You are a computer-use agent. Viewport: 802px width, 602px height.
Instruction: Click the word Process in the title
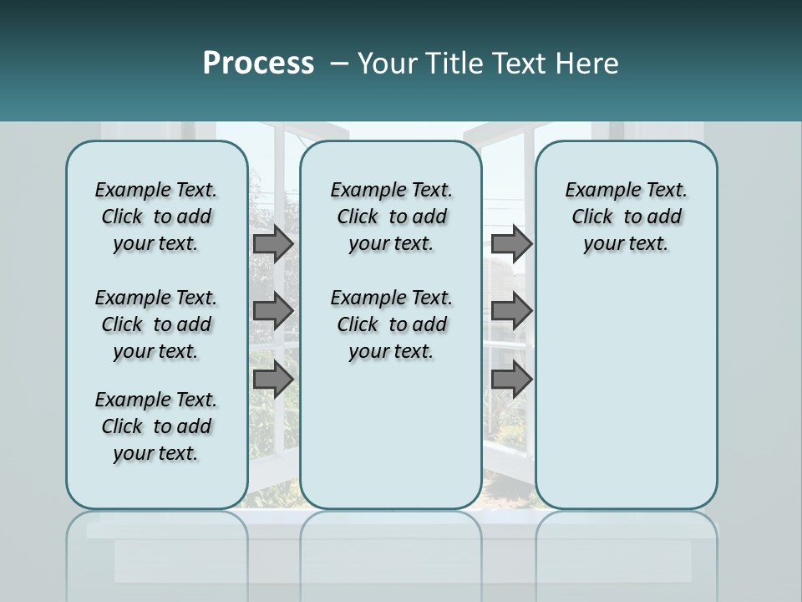tap(258, 64)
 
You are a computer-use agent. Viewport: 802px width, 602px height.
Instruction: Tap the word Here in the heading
tap(584, 64)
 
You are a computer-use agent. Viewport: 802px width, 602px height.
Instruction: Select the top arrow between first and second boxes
tap(273, 244)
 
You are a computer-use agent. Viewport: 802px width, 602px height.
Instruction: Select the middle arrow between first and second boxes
tap(273, 311)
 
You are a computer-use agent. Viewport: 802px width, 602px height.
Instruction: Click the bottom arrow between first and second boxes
tap(273, 380)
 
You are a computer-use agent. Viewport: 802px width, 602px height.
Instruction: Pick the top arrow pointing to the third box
tap(511, 244)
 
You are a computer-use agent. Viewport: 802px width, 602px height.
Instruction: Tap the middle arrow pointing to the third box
tap(511, 311)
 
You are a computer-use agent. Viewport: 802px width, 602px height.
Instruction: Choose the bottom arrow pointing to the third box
tap(511, 380)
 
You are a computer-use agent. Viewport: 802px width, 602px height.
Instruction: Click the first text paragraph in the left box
tap(156, 217)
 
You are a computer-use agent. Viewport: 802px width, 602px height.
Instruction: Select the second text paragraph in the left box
tap(156, 324)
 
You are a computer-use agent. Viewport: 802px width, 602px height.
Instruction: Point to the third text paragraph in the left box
tap(156, 426)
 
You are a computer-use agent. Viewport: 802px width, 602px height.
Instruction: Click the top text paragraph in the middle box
tap(391, 217)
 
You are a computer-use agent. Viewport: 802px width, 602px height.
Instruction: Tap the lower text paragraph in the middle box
tap(391, 324)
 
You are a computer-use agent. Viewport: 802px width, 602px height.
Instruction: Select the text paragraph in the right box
tap(626, 217)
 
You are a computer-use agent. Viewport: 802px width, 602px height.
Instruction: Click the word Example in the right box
tap(596, 191)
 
